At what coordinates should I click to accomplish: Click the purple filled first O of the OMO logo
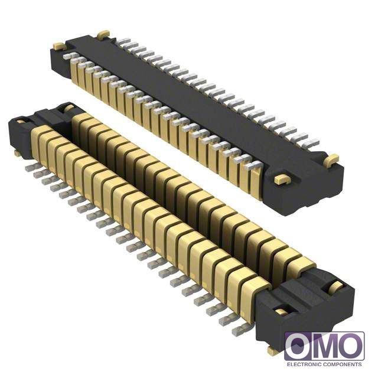pyautogui.click(x=298, y=347)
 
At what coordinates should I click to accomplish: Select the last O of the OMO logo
pyautogui.click(x=351, y=347)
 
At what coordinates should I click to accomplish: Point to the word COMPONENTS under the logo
pyautogui.click(x=343, y=364)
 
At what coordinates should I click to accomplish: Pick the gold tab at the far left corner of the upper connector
pyautogui.click(x=59, y=46)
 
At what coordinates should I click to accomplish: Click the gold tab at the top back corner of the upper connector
pyautogui.click(x=103, y=34)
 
